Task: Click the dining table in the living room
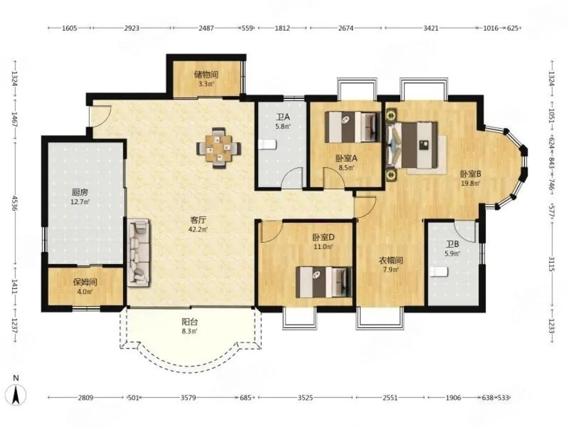(219, 148)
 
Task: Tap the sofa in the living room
(138, 252)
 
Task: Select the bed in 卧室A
(353, 127)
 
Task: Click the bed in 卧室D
(324, 282)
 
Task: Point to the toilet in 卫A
(268, 144)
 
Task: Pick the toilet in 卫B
(439, 272)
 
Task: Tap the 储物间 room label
(206, 75)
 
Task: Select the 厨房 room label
(80, 192)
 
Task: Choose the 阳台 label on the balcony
(190, 322)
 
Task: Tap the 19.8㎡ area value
(470, 184)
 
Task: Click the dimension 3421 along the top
(431, 28)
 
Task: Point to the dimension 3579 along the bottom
(188, 405)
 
